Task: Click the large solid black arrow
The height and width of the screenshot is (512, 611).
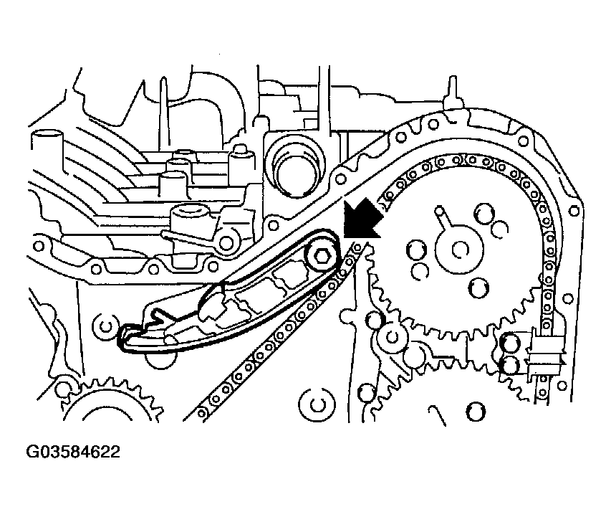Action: click(x=362, y=219)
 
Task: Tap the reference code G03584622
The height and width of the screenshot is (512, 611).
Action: click(x=73, y=452)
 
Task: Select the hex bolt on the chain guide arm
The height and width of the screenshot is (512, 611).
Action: click(x=321, y=255)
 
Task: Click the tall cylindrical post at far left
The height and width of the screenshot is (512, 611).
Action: click(x=47, y=156)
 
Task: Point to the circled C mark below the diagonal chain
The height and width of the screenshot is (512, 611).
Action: click(x=317, y=404)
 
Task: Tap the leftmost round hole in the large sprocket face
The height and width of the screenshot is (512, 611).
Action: click(x=416, y=249)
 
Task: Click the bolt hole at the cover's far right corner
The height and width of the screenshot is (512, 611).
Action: click(x=574, y=211)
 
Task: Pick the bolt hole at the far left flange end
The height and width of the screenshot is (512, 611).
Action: click(x=39, y=246)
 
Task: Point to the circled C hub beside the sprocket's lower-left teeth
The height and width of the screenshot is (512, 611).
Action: click(x=393, y=336)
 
